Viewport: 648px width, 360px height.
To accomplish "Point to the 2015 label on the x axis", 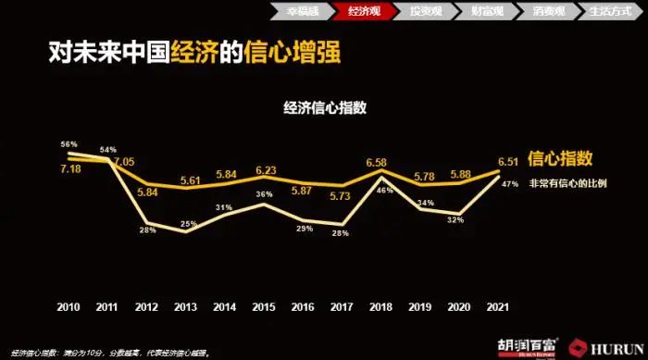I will click(x=263, y=306).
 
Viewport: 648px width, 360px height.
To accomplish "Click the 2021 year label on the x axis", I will click(x=497, y=306).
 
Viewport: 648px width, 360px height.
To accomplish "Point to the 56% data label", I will click(x=69, y=145).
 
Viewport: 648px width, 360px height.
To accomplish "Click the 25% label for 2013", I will click(x=189, y=223).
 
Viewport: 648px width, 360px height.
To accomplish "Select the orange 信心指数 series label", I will click(x=560, y=157).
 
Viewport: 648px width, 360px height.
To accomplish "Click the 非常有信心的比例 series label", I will click(x=567, y=182).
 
